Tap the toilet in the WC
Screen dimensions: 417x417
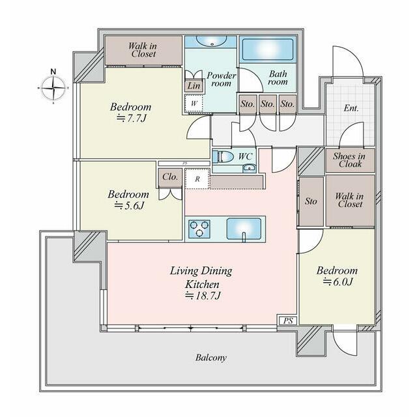click(x=222, y=156)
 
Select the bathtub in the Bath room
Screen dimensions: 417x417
click(x=268, y=50)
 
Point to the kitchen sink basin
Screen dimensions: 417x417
click(x=244, y=229)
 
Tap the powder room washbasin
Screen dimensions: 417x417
click(x=212, y=41)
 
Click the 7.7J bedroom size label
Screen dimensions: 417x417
click(x=132, y=118)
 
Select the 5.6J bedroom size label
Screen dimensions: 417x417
click(x=129, y=206)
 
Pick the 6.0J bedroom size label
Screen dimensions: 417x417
click(x=338, y=281)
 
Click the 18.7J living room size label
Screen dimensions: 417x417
click(x=203, y=295)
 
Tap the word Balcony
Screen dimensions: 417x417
click(x=211, y=358)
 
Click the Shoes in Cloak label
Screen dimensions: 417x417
click(x=350, y=160)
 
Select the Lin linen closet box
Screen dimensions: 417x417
click(x=194, y=86)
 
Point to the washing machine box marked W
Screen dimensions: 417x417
click(x=194, y=103)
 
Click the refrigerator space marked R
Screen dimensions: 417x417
click(x=197, y=179)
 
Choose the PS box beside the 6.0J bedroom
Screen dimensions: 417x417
click(x=288, y=321)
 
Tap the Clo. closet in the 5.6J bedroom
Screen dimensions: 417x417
click(x=170, y=177)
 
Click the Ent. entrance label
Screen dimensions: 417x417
click(x=351, y=108)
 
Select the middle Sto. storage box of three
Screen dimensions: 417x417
click(x=268, y=104)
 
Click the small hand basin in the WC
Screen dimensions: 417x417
click(x=249, y=168)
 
